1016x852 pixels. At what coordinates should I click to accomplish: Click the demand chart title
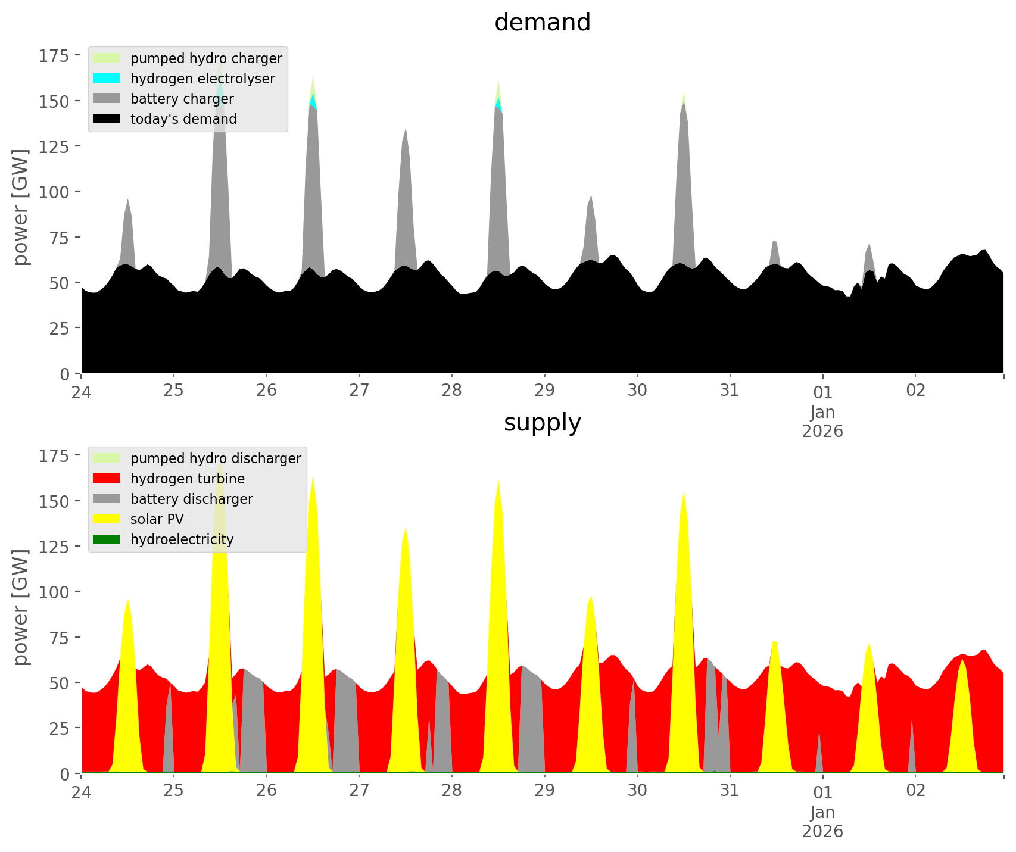click(542, 23)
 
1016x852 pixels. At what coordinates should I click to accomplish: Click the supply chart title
click(542, 423)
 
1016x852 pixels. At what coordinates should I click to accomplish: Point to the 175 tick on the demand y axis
click(54, 56)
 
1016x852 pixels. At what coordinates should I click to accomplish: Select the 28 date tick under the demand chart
click(452, 391)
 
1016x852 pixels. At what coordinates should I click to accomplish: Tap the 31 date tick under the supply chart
click(730, 791)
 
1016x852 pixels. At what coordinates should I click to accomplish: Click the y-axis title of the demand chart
click(21, 207)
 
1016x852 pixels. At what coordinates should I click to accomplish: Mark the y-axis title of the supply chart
click(21, 607)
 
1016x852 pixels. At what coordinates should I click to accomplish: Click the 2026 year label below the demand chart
click(822, 431)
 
